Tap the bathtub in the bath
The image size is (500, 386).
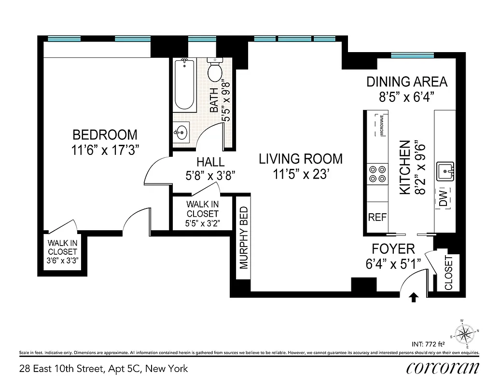[x=184, y=85]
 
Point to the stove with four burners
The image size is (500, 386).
[x=377, y=174]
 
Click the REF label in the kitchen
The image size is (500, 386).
[x=377, y=217]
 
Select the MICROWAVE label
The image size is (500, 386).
[x=381, y=124]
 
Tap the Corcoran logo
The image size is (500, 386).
[x=443, y=368]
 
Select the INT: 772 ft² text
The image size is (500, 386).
[x=428, y=344]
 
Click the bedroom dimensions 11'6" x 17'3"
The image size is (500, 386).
[x=105, y=150]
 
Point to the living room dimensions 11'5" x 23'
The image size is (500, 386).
[x=301, y=173]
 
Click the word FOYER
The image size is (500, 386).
[x=393, y=249]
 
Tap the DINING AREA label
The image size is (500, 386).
[x=407, y=82]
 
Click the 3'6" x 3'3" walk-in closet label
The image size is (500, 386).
[x=63, y=260]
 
